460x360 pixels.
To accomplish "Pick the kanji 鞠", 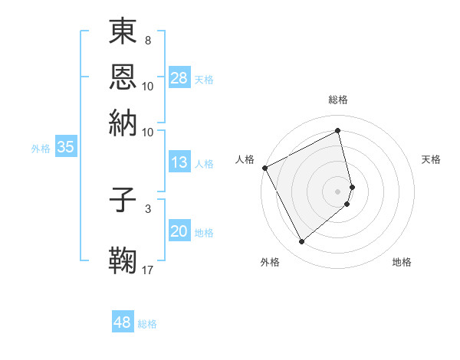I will coord(123,260).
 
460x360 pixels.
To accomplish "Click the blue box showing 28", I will coord(179,79).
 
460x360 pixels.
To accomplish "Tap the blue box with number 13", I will coord(179,162).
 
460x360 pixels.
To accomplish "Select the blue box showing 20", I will coord(179,232).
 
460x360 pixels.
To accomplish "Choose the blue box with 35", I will coord(65,148).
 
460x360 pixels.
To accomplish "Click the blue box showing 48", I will coord(123,322).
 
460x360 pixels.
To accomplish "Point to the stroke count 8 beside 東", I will coord(147,39).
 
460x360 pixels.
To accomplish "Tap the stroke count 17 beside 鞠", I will coord(148,270).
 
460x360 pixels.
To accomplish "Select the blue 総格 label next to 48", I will coord(147,324).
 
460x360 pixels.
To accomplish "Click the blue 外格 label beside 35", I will coord(41,149).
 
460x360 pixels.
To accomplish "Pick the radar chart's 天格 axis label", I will coord(432,159).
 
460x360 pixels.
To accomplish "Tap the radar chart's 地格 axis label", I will coord(402,262).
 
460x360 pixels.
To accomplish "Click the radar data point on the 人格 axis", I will coord(264,168).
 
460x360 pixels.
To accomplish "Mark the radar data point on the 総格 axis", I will coord(338,130).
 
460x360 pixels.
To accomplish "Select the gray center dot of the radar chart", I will coord(338,190).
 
